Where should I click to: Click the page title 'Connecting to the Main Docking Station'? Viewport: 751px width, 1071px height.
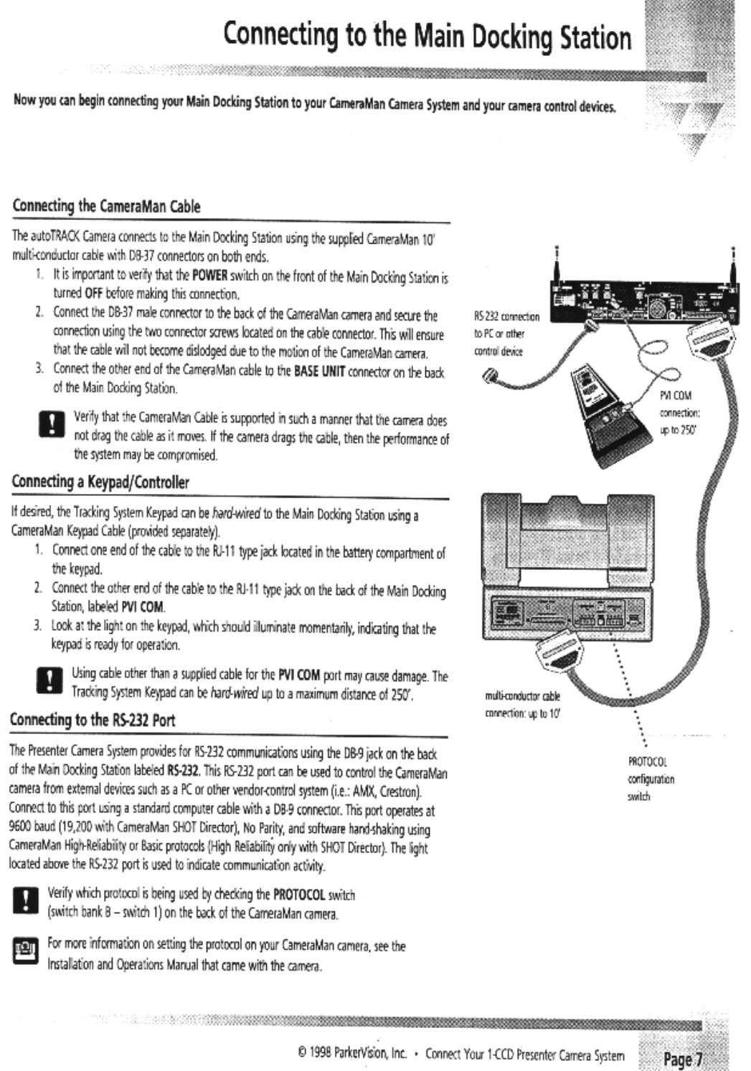(427, 37)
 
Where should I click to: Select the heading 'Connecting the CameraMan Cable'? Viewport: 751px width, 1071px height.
(106, 207)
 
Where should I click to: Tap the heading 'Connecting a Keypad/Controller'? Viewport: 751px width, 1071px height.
(100, 482)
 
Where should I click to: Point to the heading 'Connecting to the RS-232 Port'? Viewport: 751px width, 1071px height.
(93, 720)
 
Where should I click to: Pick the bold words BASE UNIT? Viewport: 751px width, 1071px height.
(320, 373)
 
